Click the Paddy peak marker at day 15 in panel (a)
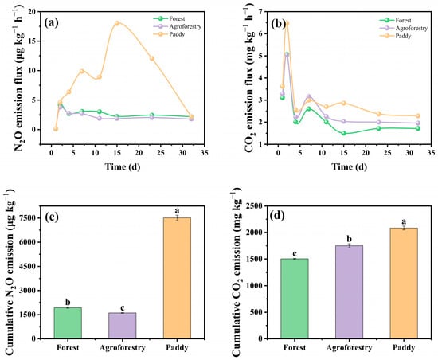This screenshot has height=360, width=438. click(117, 23)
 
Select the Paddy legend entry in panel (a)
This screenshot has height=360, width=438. click(169, 34)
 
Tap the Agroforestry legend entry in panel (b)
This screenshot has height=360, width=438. click(404, 28)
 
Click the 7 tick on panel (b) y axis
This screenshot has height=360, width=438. click(261, 12)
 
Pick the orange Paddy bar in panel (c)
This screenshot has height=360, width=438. click(177, 278)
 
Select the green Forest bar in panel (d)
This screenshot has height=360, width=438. click(295, 299)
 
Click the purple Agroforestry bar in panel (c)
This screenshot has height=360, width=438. click(123, 326)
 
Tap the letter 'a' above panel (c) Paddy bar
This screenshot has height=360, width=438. click(177, 210)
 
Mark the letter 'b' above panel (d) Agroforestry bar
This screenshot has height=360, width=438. click(349, 239)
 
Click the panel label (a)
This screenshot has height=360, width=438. click(52, 23)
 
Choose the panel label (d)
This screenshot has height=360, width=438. click(277, 216)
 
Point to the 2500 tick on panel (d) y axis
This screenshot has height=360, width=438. click(255, 206)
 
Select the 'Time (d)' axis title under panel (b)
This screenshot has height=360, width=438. click(349, 166)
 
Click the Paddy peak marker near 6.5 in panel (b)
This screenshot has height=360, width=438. click(287, 23)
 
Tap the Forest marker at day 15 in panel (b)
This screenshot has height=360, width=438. click(344, 133)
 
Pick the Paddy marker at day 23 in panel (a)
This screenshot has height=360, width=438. click(152, 59)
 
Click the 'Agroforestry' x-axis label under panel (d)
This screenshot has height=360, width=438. click(349, 348)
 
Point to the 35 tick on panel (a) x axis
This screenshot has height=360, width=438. click(205, 153)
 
